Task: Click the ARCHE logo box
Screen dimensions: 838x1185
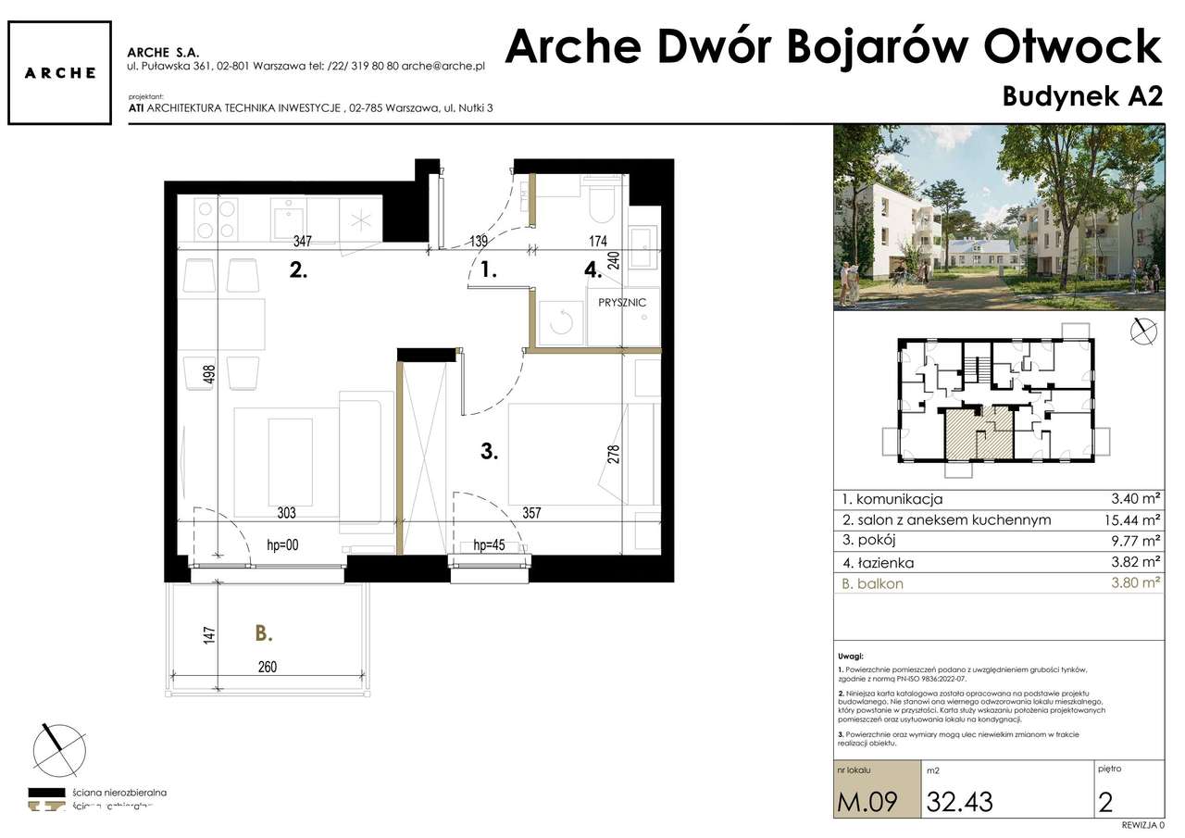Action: click(59, 72)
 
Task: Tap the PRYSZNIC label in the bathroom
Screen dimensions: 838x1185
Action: click(622, 303)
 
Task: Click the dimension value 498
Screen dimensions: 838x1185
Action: click(210, 374)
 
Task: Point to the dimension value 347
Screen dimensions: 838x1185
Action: click(301, 242)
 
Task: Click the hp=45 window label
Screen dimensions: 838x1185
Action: click(488, 545)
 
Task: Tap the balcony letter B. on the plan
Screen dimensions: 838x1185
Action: click(264, 634)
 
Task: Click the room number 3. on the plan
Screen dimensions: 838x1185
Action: click(490, 452)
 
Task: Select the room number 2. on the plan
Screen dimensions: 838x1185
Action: click(297, 271)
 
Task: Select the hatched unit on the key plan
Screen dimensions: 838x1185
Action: click(977, 433)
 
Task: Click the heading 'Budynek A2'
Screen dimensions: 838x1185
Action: click(1081, 98)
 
